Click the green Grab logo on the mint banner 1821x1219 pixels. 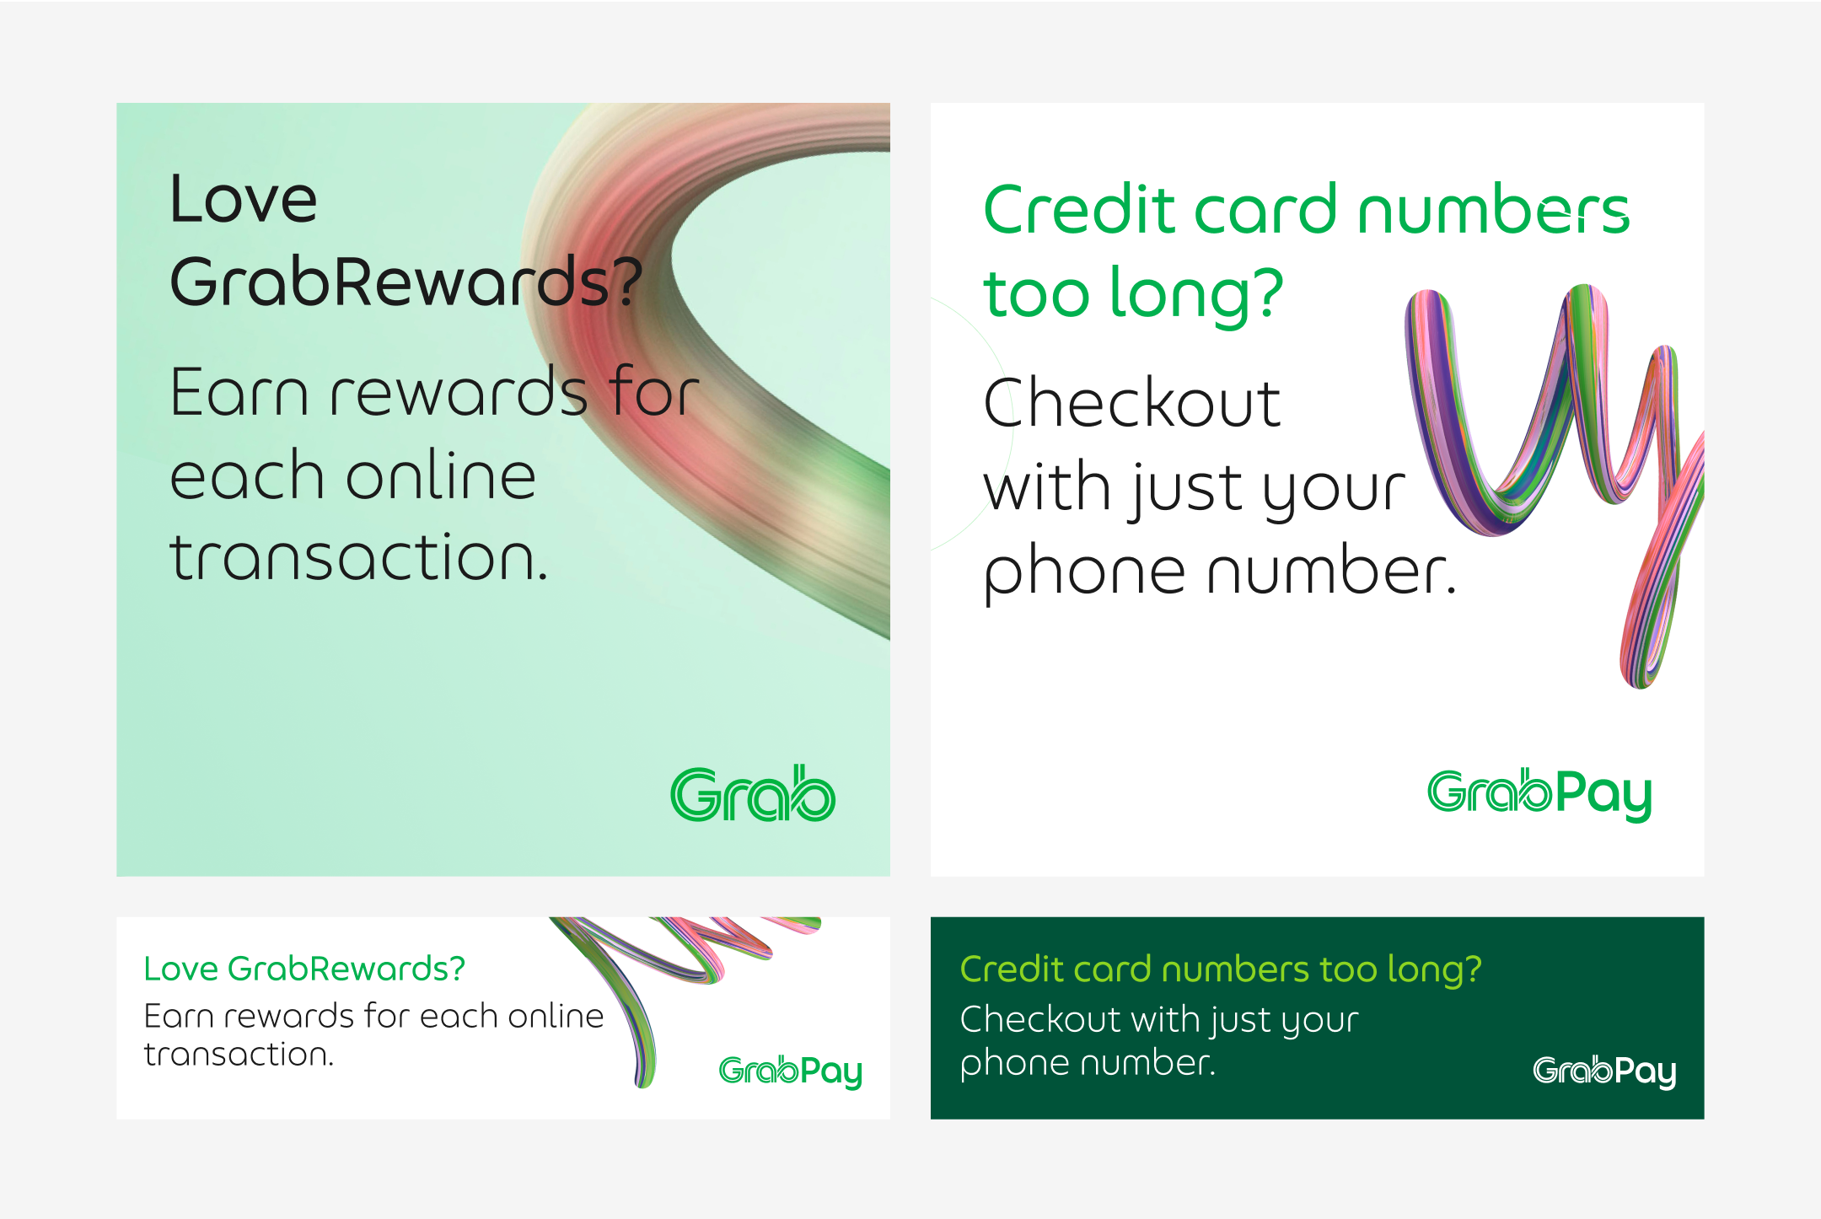753,794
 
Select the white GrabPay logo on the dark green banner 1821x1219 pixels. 1603,1071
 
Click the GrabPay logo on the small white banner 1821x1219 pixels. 790,1071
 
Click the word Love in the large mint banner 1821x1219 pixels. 244,200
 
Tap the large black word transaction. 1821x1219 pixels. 359,557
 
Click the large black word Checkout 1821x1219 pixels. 1131,403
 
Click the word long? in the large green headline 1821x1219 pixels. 1196,294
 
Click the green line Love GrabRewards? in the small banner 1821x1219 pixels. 304,969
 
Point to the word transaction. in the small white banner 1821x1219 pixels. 239,1055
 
